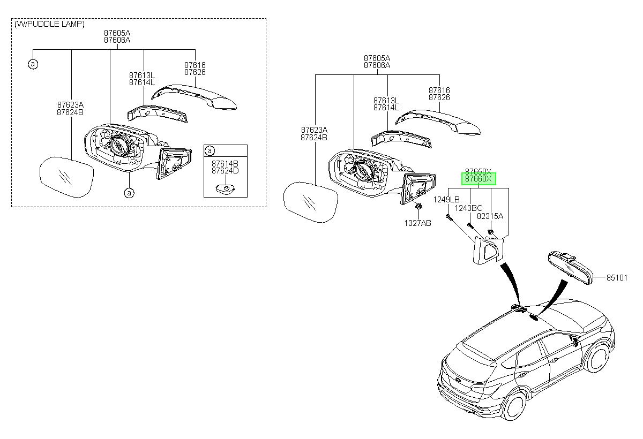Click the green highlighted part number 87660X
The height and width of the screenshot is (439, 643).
478,179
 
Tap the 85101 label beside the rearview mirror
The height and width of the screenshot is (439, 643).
617,277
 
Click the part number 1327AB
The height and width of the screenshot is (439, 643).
417,223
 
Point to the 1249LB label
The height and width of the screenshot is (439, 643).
446,200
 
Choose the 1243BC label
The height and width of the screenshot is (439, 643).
468,208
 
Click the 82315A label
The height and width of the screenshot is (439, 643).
490,216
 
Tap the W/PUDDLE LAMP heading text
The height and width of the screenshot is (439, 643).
49,24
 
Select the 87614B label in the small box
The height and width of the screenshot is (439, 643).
225,163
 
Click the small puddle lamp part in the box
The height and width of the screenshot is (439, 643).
226,188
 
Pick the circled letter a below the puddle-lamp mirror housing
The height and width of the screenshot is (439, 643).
129,193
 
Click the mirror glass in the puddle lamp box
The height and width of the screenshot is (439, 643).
66,177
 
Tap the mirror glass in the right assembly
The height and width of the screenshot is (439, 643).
311,202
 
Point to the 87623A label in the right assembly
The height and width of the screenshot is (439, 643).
314,130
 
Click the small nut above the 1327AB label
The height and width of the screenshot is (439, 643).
419,206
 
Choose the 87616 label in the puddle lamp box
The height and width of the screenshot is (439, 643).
195,65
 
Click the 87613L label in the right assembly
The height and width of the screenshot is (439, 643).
386,101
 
